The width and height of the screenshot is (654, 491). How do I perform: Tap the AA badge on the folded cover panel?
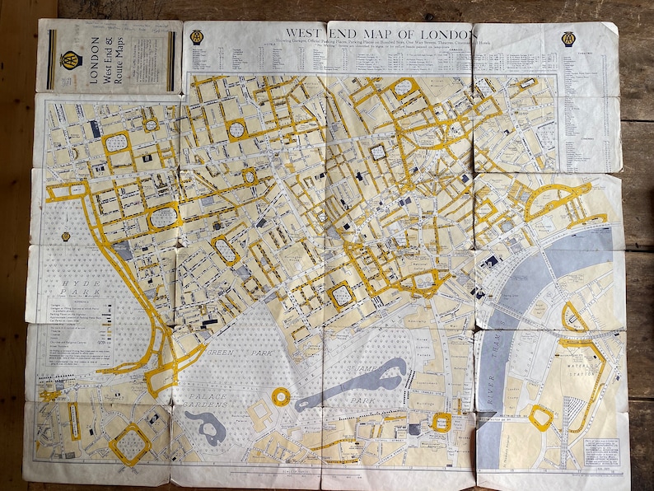click(70, 58)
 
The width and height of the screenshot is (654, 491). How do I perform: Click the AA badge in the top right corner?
click(571, 39)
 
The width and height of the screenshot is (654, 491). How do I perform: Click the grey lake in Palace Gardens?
click(203, 426)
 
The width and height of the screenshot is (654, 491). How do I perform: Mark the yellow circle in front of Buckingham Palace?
click(281, 397)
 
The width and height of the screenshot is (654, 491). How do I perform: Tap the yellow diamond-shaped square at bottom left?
click(129, 444)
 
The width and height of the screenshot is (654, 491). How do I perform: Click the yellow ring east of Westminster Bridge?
click(540, 417)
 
